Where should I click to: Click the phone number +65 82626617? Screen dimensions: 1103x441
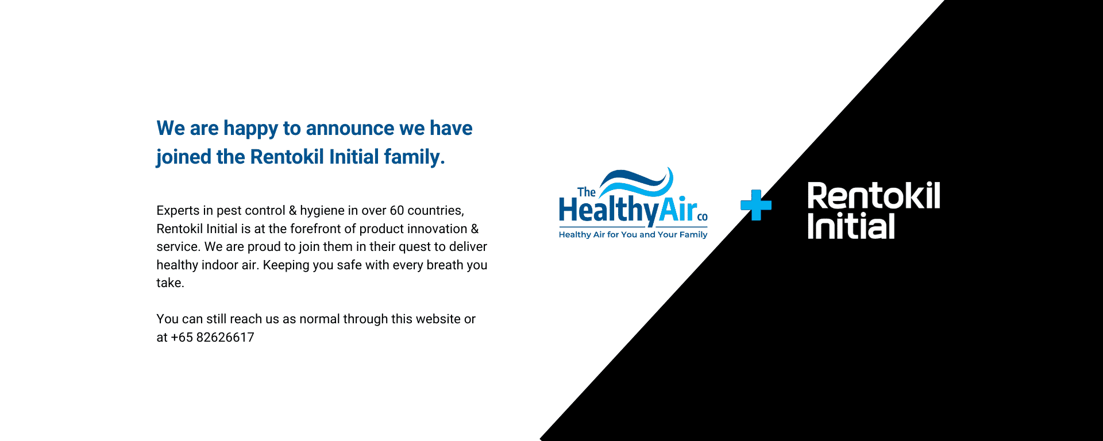point(213,337)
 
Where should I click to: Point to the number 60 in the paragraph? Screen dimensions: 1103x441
point(397,210)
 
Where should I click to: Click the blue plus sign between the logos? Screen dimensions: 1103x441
point(756,205)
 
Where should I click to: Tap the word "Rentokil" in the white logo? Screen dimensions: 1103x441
point(874,196)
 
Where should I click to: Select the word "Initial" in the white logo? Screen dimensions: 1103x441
point(851,226)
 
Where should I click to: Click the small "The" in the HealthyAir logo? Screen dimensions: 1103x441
point(586,192)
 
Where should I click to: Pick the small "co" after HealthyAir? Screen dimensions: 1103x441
point(703,217)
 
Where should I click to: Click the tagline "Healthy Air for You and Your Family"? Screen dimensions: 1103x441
point(633,234)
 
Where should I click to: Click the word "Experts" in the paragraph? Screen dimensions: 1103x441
point(178,211)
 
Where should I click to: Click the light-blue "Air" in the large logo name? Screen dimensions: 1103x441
point(678,210)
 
